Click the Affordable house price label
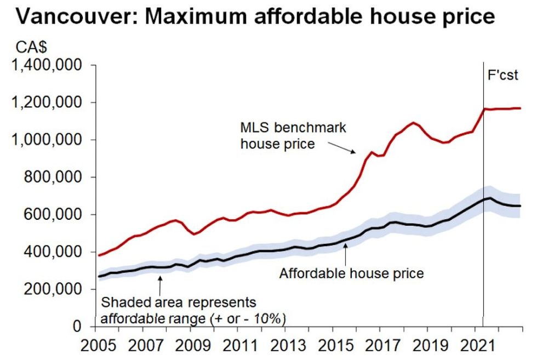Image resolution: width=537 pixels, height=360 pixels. pyautogui.click(x=351, y=272)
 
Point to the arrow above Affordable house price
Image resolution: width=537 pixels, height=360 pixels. pyautogui.click(x=345, y=253)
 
